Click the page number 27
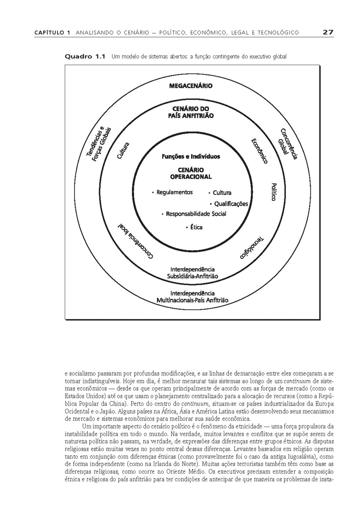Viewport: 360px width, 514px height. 328,32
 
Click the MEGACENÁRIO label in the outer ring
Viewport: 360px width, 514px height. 191,86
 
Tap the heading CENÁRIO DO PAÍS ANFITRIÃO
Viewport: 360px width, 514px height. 191,112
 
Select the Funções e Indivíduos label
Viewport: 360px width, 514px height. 191,157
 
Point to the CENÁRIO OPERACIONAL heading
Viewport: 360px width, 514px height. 191,173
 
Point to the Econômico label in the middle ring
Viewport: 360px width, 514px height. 259,151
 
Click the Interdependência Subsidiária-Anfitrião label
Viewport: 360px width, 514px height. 192,273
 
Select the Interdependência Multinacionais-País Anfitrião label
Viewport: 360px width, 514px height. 192,297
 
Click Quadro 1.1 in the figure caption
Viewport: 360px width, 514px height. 84,56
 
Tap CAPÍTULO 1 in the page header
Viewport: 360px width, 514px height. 52,33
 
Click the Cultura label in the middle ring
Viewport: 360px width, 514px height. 123,151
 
